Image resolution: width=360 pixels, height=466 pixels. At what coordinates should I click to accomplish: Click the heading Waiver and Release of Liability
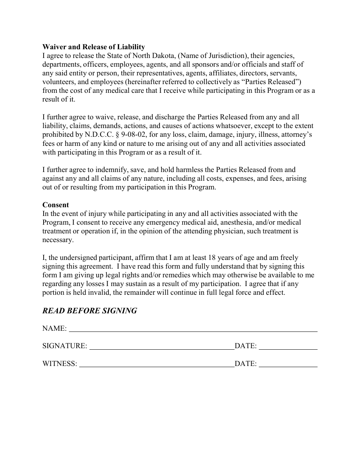[x=94, y=47]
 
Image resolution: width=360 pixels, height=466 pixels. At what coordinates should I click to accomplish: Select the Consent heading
[x=56, y=205]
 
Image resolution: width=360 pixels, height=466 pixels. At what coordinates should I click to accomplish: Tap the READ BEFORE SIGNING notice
[x=89, y=311]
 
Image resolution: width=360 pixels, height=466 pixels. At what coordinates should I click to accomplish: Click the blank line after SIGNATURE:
[x=161, y=347]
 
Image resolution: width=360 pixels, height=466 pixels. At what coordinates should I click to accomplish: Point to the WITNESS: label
[x=60, y=364]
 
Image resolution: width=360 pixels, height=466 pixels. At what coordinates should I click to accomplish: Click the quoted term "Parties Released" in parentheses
[x=272, y=82]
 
